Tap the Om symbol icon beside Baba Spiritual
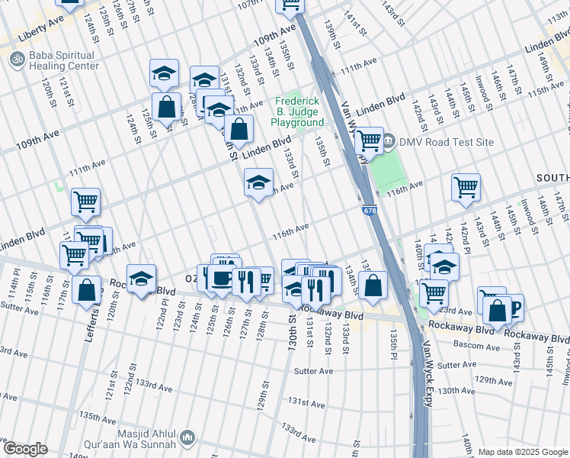pyautogui.click(x=15, y=57)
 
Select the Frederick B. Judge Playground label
pyautogui.click(x=299, y=111)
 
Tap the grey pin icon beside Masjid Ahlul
pyautogui.click(x=188, y=437)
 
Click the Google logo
pyautogui.click(x=25, y=449)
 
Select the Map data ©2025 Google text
pyautogui.click(x=523, y=452)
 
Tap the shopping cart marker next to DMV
pyautogui.click(x=370, y=140)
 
